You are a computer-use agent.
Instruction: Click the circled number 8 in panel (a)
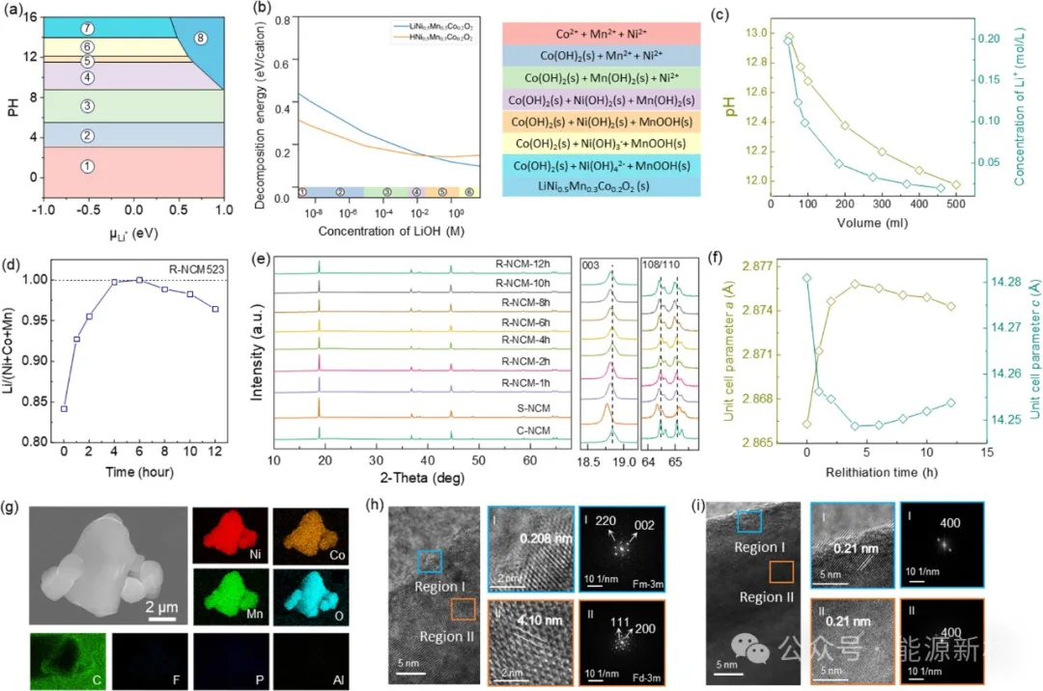tap(201, 39)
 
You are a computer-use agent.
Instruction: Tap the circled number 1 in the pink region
tap(87, 167)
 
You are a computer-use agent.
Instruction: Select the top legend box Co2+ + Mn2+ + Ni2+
tap(601, 34)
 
